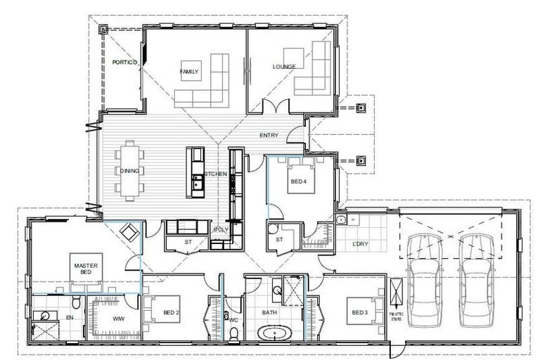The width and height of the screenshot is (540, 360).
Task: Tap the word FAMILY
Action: click(x=189, y=72)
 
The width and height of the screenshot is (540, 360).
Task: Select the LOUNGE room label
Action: click(x=284, y=67)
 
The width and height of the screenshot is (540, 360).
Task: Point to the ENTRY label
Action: click(x=269, y=135)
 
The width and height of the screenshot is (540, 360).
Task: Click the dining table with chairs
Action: click(x=131, y=170)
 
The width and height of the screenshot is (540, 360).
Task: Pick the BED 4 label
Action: click(x=299, y=181)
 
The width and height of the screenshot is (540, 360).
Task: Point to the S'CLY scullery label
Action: click(x=219, y=231)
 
